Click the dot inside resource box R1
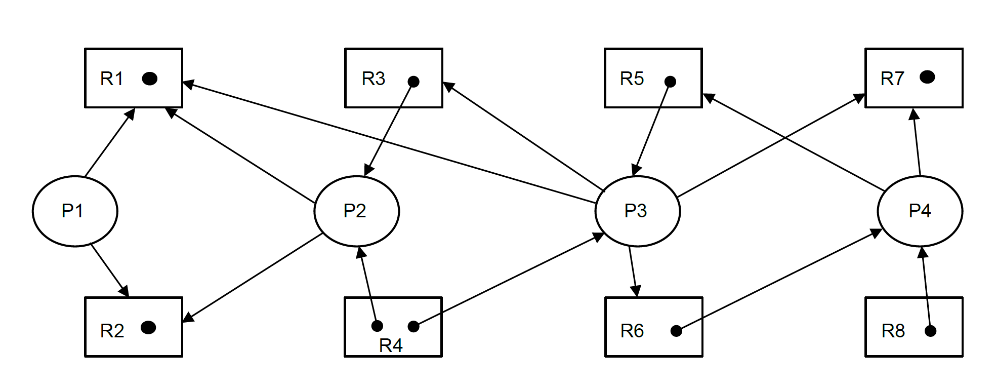(x=150, y=79)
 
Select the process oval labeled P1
(x=75, y=211)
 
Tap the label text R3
(x=374, y=79)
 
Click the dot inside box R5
(x=670, y=82)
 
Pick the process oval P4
(x=920, y=211)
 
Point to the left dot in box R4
(x=377, y=326)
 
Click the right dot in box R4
(x=413, y=327)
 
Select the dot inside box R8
(x=930, y=331)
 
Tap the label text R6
(x=632, y=331)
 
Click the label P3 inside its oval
(x=636, y=211)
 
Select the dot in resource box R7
(x=927, y=77)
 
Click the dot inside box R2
(x=148, y=328)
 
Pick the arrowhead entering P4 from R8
(x=923, y=252)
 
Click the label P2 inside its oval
(x=354, y=211)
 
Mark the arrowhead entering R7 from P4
(x=914, y=113)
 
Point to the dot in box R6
(x=676, y=331)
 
